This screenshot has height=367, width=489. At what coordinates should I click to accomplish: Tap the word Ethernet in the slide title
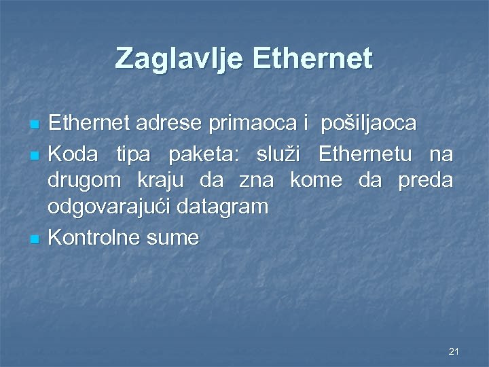coord(312,58)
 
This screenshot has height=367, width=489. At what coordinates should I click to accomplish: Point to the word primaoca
coord(253,123)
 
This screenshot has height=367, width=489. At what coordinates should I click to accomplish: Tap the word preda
coord(424,181)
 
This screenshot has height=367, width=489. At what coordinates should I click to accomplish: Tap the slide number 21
coord(454,351)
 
